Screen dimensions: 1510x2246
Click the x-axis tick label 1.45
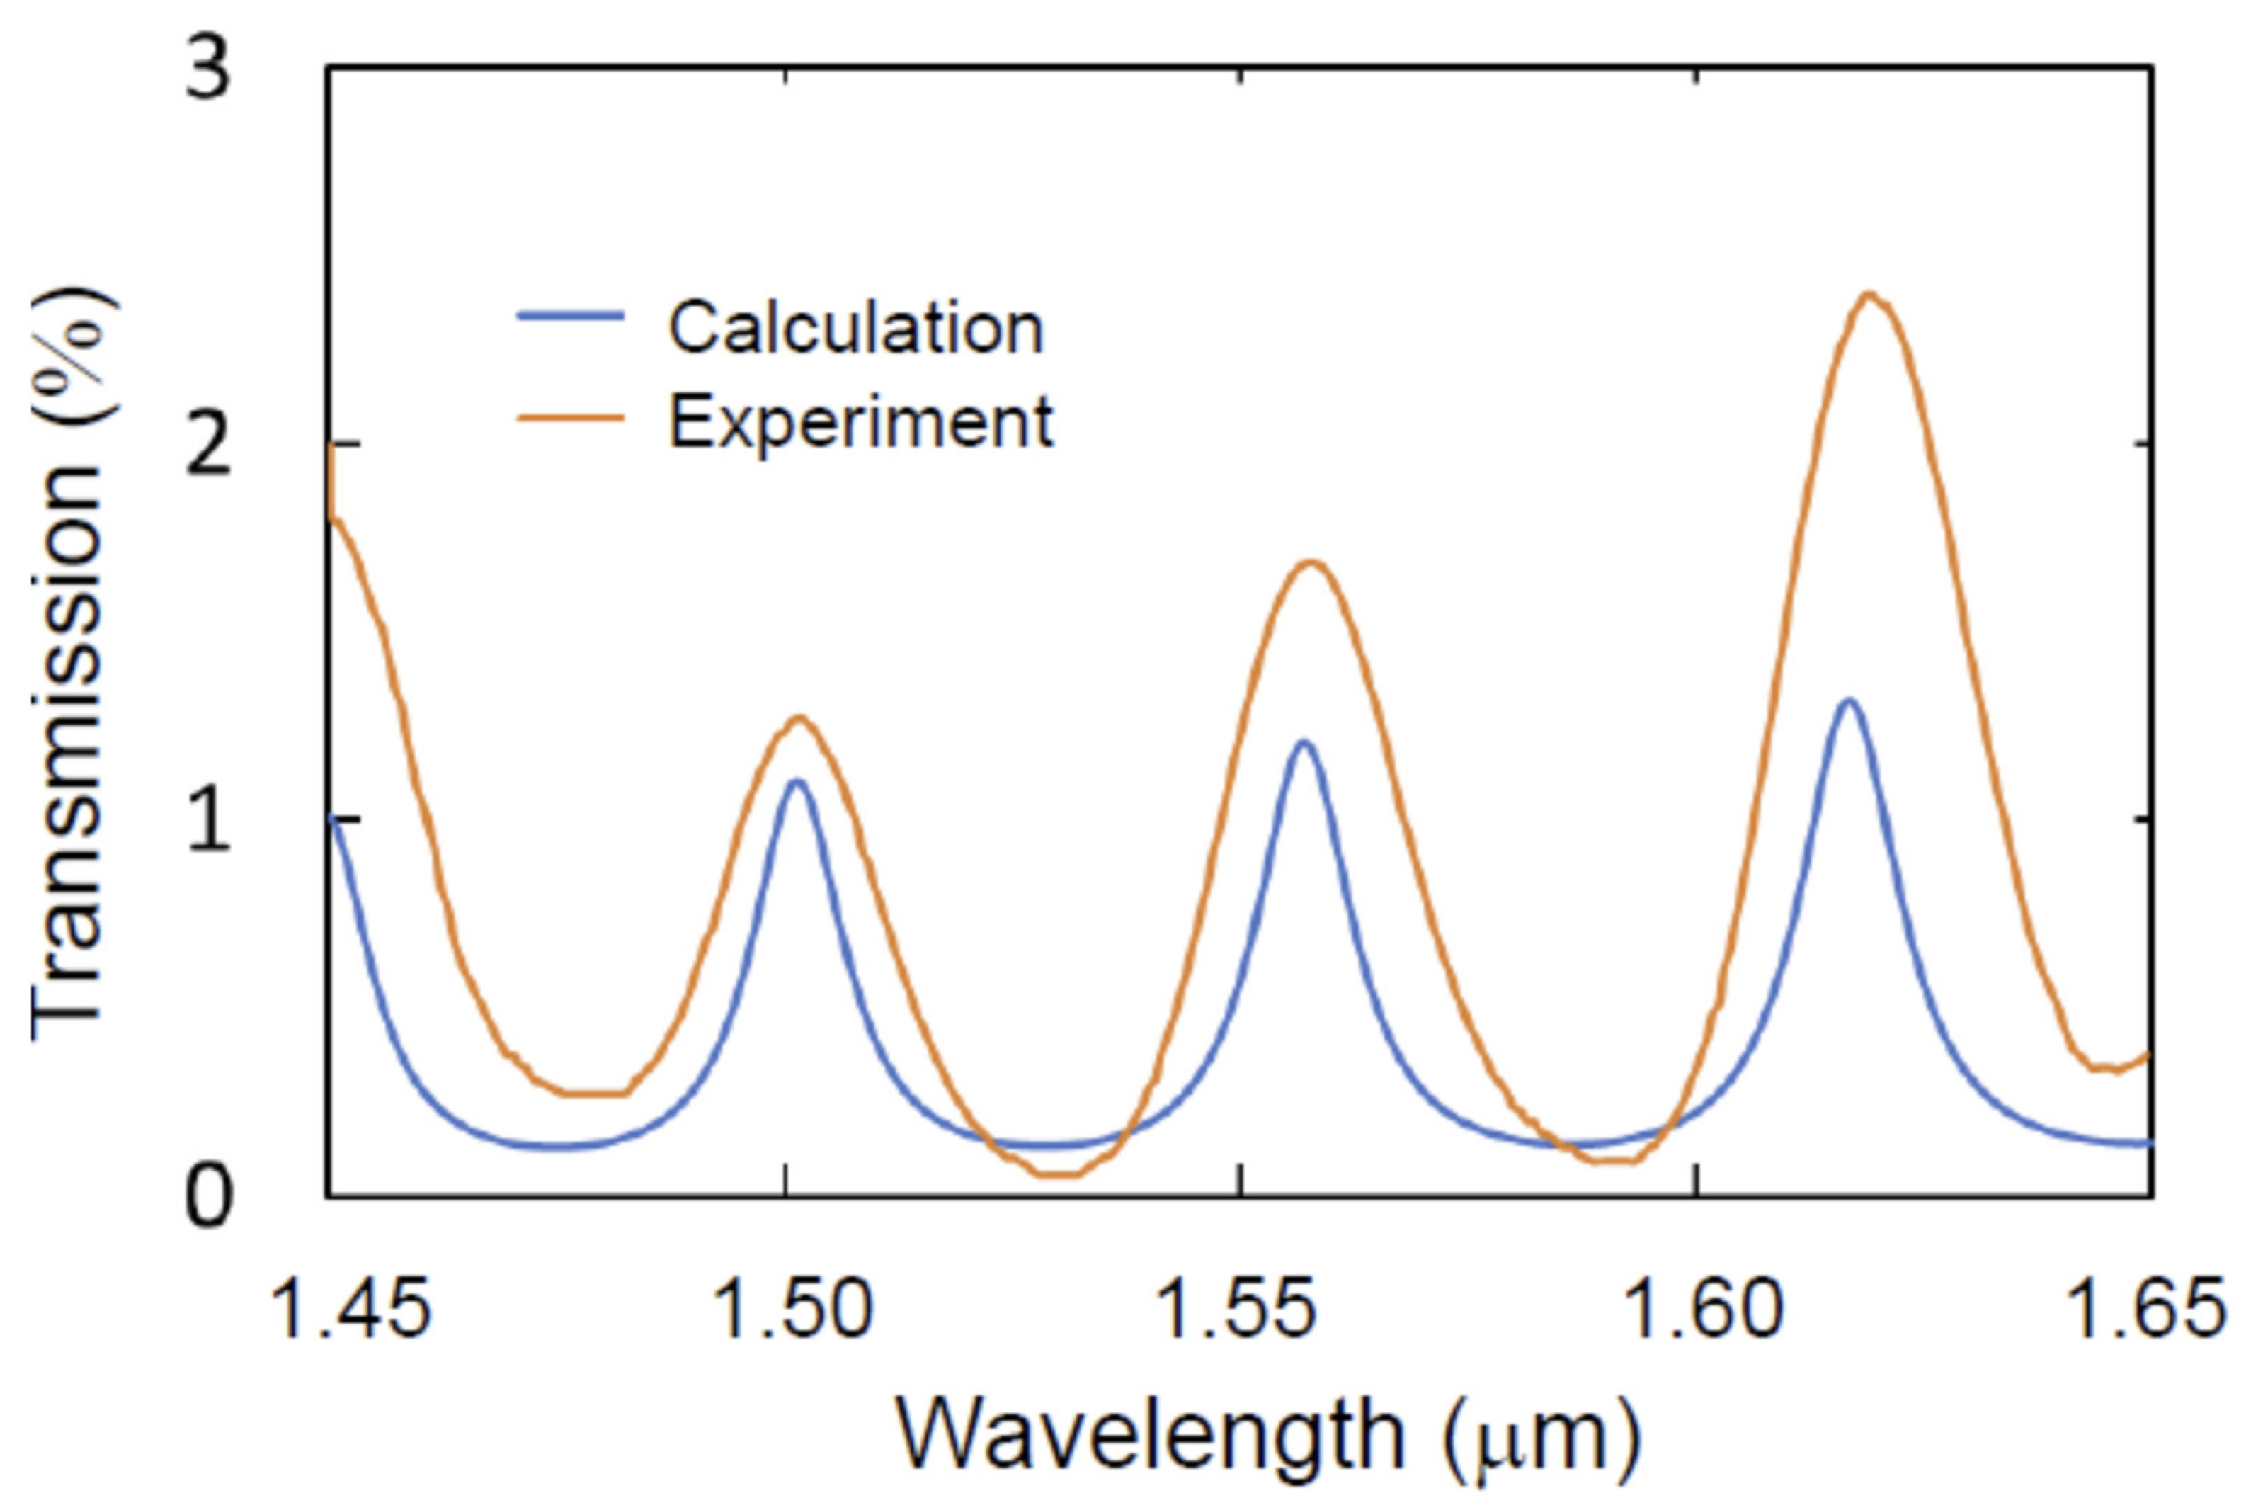pos(351,1309)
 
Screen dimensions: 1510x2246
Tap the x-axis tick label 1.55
pos(1235,1309)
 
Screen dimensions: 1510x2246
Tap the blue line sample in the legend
pos(571,316)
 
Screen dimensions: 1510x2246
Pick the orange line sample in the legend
pos(571,417)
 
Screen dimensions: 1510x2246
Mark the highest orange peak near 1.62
pos(1869,295)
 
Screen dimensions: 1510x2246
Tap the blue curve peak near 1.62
pos(1847,700)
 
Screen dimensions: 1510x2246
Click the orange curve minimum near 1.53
pos(1059,1174)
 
